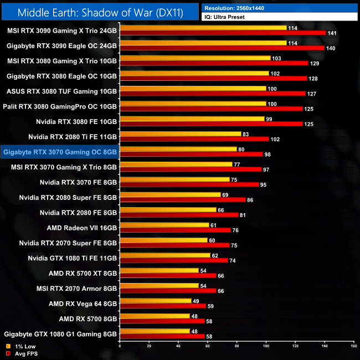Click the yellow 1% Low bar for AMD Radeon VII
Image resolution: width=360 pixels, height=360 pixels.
coord(164,224)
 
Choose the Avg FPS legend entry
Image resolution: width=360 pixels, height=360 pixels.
coord(21,353)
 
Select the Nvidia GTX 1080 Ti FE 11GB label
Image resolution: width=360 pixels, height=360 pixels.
coord(73,258)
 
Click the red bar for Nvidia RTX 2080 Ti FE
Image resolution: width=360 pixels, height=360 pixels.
coord(194,138)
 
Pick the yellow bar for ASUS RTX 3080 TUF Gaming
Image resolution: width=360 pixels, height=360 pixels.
coord(193,88)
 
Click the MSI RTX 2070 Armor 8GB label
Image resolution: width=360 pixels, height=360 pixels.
coord(76,289)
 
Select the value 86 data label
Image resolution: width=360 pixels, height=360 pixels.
coord(250,199)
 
